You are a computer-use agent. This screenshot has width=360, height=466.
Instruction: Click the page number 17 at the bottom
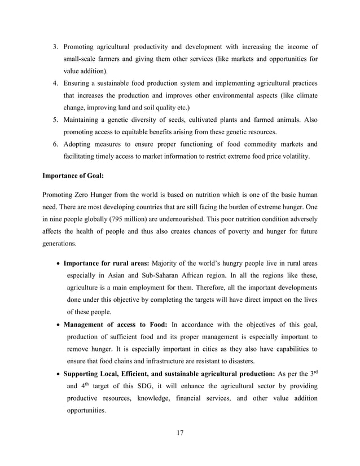[x=180, y=433]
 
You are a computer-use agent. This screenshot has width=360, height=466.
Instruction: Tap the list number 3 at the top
[x=55, y=46]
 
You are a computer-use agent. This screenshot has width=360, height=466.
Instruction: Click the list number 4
[x=55, y=82]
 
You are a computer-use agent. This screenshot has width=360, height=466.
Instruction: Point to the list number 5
[x=55, y=119]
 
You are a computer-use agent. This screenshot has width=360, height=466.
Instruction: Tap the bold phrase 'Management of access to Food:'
[x=115, y=324]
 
